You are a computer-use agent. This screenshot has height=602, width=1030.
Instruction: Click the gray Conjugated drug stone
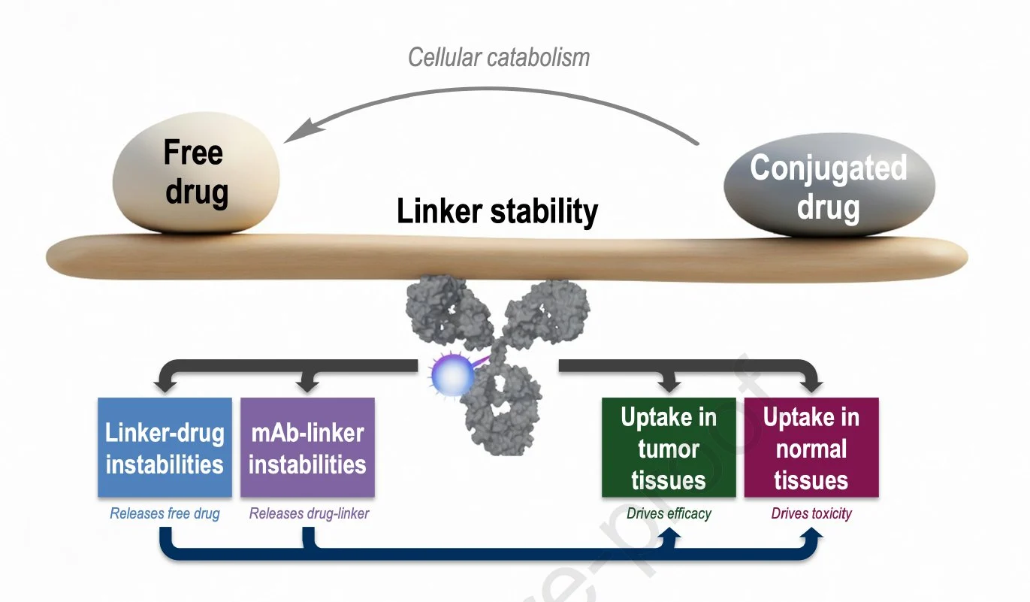(x=829, y=185)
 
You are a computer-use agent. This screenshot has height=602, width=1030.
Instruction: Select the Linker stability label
(x=497, y=212)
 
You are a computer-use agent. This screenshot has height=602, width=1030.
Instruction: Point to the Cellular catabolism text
(x=499, y=57)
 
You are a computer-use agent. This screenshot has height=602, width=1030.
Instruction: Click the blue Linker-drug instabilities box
(x=165, y=448)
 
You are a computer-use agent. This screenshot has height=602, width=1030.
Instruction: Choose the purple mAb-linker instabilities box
(x=307, y=448)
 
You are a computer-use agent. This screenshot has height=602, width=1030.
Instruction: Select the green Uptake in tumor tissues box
(x=669, y=448)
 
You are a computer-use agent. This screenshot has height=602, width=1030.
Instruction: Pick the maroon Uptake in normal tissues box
(x=811, y=448)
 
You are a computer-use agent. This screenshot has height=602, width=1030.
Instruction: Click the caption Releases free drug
(x=165, y=514)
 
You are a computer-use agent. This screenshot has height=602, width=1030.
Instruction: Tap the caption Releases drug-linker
(x=309, y=514)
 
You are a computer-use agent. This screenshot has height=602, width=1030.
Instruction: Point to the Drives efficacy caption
(x=669, y=514)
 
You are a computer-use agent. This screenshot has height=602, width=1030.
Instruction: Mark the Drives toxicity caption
(x=811, y=514)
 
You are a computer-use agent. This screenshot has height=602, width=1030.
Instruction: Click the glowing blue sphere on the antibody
(x=452, y=374)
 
